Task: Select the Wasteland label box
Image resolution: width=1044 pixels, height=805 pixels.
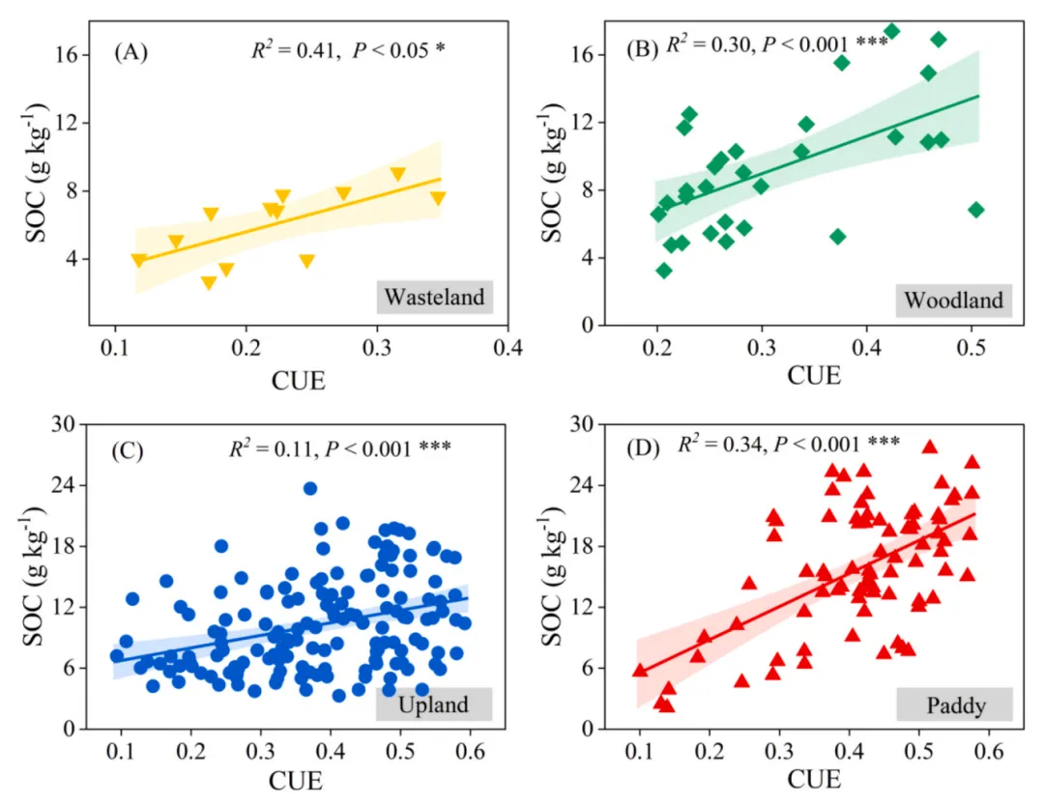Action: (x=434, y=297)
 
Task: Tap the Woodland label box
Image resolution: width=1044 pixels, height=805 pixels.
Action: (x=953, y=301)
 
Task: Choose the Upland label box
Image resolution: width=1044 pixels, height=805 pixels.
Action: (x=433, y=704)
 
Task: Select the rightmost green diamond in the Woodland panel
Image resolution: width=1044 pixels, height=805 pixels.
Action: (x=975, y=210)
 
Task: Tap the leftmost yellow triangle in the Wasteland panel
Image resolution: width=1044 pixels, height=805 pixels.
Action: (x=139, y=260)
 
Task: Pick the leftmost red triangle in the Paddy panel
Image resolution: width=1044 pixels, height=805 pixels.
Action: (x=640, y=670)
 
